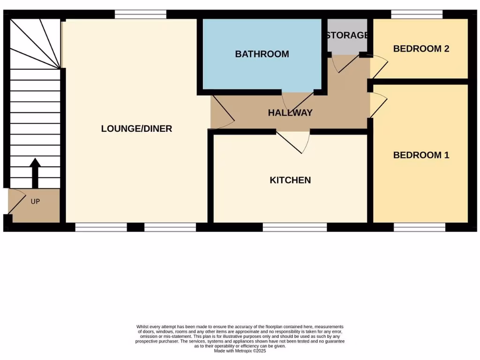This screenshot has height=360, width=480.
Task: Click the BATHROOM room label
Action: click(262, 54)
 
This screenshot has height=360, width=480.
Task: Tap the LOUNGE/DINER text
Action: click(136, 128)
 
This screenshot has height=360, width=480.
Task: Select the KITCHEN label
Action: click(290, 180)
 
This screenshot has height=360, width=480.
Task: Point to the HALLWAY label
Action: click(290, 112)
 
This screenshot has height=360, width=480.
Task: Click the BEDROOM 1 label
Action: click(421, 155)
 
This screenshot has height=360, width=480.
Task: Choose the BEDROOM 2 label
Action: click(421, 49)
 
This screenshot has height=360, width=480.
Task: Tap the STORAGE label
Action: click(347, 35)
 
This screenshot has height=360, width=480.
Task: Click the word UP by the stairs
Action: click(35, 202)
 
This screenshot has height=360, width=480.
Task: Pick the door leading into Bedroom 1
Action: click(378, 105)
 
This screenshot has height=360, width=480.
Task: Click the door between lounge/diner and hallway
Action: click(223, 112)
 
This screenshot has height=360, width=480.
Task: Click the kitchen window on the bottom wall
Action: click(294, 227)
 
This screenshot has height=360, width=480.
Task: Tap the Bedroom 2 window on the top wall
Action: click(417, 14)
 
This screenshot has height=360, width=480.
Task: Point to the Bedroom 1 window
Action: click(419, 227)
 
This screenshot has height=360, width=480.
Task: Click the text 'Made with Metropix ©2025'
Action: click(240, 351)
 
